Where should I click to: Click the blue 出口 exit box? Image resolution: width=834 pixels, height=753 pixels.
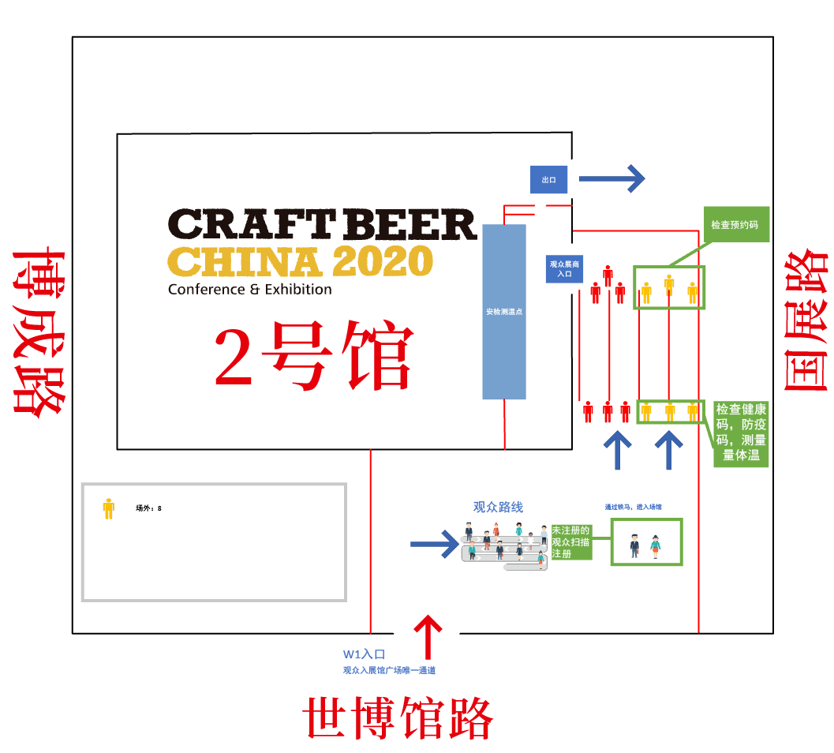coord(548,180)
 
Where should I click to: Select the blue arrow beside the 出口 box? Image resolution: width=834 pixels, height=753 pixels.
coord(611,179)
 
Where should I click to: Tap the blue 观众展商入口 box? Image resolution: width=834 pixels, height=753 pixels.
coord(564,269)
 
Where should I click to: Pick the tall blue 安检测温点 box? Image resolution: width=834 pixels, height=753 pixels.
coord(504,312)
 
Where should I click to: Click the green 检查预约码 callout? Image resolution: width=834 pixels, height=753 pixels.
coord(735,225)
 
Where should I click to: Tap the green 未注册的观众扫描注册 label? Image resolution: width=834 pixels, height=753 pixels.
coord(570,542)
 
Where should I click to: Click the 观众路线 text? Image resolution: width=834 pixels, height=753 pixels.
coord(498,508)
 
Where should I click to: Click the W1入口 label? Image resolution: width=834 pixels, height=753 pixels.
coord(364,654)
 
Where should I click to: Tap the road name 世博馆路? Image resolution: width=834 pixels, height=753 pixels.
coord(398,717)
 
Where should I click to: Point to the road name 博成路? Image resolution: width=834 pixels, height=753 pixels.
coord(37,332)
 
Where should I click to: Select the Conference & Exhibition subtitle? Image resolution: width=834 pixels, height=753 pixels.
coord(249,290)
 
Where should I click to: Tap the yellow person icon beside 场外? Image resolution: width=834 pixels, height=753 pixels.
coord(109,508)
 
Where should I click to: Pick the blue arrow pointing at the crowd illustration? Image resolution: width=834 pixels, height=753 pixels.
coord(434,543)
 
